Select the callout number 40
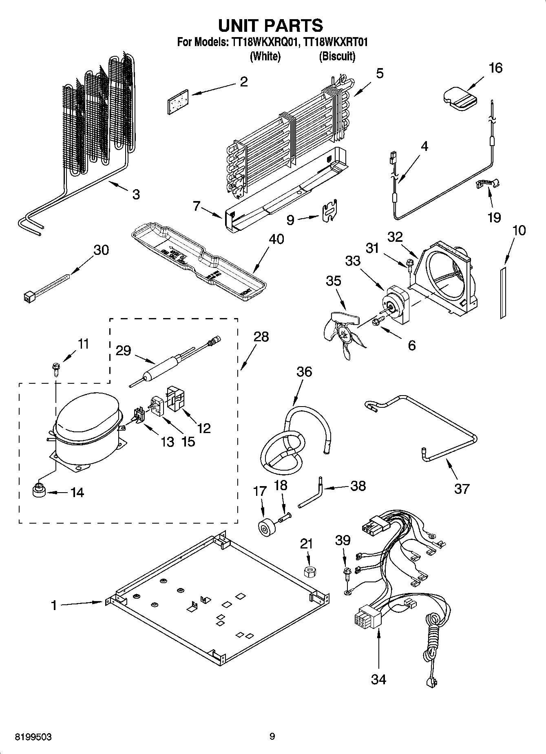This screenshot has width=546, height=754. [276, 239]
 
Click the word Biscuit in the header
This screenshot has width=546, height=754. [337, 56]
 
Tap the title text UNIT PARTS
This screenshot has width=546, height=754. [271, 25]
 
